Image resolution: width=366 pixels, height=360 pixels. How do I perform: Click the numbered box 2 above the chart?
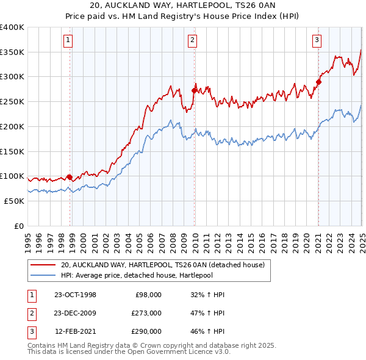pos(192,41)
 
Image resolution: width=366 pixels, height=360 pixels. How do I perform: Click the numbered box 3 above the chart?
pos(317,41)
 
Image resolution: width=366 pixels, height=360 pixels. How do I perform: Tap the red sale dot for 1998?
pos(70,178)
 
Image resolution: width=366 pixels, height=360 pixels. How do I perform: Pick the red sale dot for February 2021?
pos(318,82)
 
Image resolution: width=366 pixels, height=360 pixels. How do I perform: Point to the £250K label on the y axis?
pos(12,101)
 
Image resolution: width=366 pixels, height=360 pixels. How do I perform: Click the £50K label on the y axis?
pos(15,201)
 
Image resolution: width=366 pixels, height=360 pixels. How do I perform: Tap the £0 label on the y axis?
pos(19,226)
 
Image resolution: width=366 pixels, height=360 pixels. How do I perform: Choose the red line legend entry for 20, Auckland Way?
pos(162,265)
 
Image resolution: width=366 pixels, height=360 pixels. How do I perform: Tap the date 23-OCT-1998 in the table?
pos(75,295)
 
